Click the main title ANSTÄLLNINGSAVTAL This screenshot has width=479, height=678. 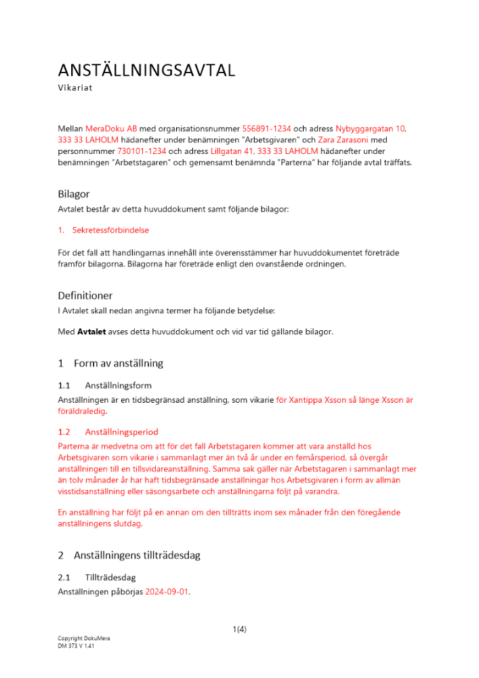pos(146,71)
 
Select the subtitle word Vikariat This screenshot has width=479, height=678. pos(75,88)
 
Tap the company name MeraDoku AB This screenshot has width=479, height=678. pos(111,128)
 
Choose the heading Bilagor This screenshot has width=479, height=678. pos(74,194)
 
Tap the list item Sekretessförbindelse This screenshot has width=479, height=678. pos(110,230)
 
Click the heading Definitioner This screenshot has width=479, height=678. pos(85,296)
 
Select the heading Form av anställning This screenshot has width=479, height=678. pos(119,363)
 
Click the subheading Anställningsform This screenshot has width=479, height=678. pos(119,385)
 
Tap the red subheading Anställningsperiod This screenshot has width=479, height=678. pos(122,431)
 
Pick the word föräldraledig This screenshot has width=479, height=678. pos(83,411)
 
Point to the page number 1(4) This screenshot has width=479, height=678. pos(239,629)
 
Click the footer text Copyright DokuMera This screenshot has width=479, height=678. pos(84,639)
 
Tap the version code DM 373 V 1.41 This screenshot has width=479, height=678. pos(76,646)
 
